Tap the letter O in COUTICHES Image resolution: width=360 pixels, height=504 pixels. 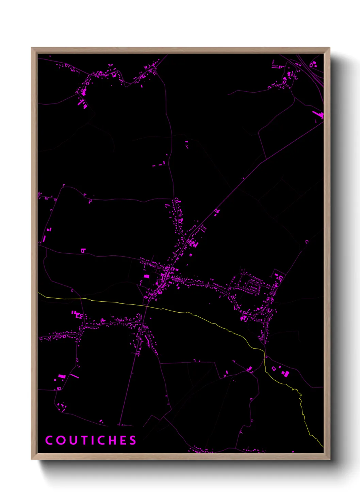coord(61,440)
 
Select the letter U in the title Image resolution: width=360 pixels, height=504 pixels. coord(72,440)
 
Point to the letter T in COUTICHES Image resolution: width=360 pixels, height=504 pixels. coord(83,440)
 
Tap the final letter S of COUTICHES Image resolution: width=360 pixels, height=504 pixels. coord(133,440)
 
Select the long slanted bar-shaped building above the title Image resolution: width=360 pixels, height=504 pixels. coord(75,376)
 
